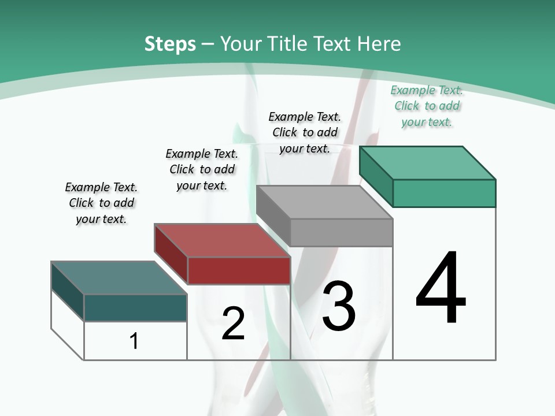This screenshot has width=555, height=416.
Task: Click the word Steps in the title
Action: point(170,44)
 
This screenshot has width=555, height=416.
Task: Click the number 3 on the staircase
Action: point(339,306)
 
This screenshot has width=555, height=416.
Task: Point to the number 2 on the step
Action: point(233,324)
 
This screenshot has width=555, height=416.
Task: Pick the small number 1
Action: point(134,341)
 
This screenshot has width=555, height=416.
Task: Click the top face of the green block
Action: point(428,162)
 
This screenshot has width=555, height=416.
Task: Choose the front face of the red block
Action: point(239,270)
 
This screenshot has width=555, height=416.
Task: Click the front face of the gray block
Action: point(341,232)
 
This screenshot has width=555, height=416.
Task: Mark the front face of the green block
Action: point(444,193)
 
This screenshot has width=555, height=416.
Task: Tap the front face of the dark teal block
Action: point(135,307)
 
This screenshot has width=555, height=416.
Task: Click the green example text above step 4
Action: point(427,106)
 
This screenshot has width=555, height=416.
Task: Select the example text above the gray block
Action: point(305,132)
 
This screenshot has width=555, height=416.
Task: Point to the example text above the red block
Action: point(202,169)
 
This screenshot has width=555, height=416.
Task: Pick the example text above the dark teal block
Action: point(101,203)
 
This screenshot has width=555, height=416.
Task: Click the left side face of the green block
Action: point(376,176)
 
